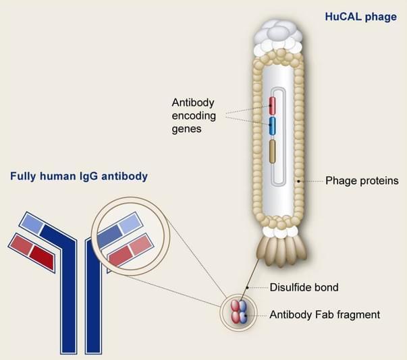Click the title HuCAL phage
[361, 17]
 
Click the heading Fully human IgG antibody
[79, 176]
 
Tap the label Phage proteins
[362, 181]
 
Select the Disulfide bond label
[304, 287]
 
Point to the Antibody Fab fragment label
[325, 315]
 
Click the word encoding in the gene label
[194, 115]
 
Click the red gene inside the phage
[272, 105]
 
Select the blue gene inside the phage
[272, 126]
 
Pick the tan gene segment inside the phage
[272, 152]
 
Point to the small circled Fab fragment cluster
[239, 311]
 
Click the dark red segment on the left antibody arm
[42, 257]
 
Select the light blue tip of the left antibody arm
[32, 223]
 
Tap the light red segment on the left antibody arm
[20, 245]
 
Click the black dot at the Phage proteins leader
[298, 181]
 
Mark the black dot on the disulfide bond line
[248, 288]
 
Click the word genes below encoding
[187, 129]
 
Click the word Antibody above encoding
[193, 103]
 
